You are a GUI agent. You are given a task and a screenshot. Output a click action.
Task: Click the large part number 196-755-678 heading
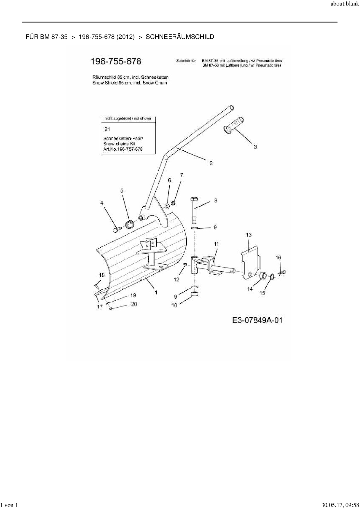point(116,62)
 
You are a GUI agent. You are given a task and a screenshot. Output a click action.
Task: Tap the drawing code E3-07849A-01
point(257,320)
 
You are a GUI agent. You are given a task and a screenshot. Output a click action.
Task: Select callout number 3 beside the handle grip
point(255,147)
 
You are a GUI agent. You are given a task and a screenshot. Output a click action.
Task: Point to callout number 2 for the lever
point(211,163)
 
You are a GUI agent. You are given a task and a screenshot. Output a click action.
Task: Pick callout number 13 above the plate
point(249,235)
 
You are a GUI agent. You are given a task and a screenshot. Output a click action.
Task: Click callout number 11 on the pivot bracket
point(217,244)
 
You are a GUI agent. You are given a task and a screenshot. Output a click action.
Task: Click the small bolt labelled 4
point(116,230)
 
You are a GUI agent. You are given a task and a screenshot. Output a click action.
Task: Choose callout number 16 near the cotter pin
point(278,257)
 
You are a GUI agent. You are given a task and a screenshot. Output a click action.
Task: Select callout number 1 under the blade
point(156,293)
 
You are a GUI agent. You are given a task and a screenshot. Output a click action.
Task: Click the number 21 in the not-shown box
point(107,129)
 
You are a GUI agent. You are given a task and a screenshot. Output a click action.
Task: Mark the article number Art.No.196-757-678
point(123,149)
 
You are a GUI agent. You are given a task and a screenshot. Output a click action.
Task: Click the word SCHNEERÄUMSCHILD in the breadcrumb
point(180,37)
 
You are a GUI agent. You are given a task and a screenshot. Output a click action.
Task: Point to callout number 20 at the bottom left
point(134,304)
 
